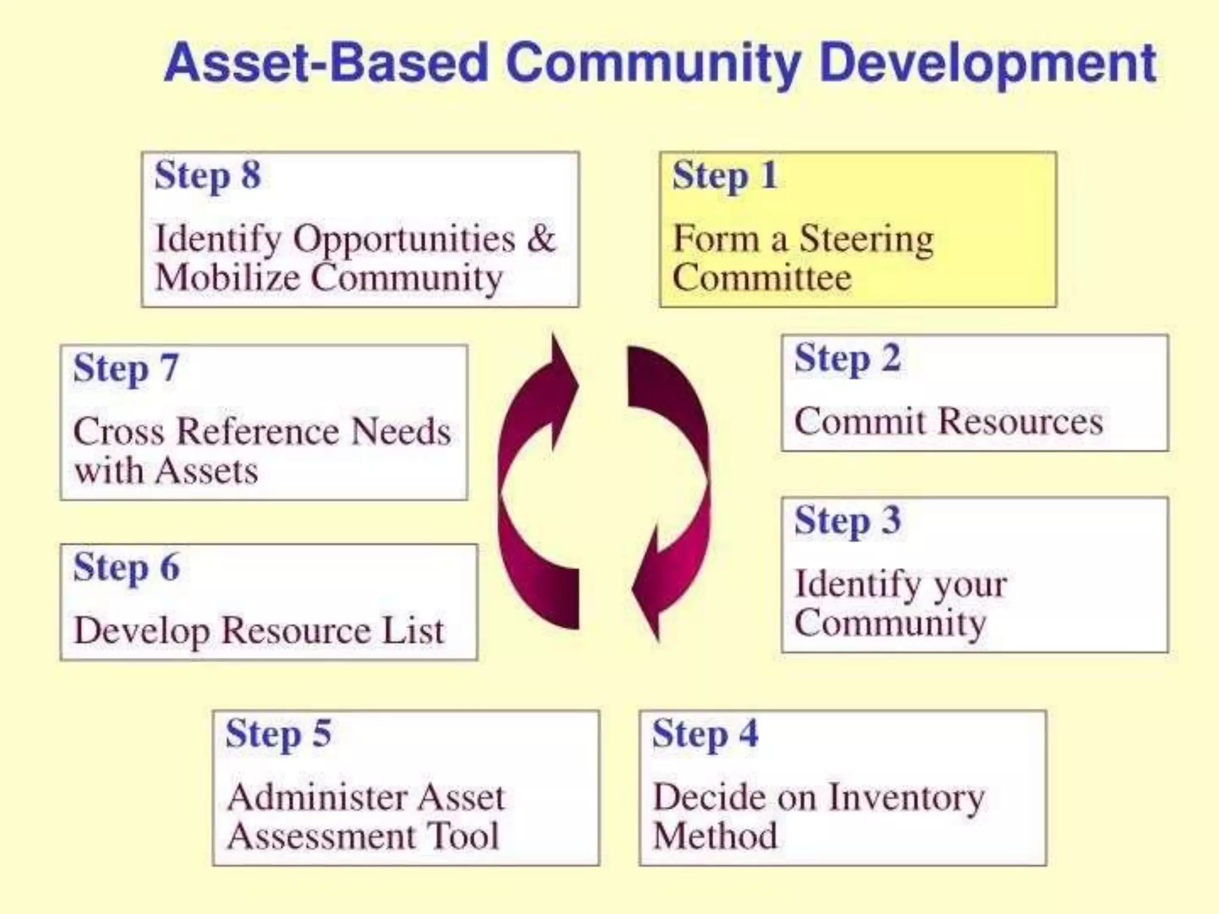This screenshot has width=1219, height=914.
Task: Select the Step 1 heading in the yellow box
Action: (x=725, y=176)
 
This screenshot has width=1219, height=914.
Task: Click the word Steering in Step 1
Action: (x=866, y=240)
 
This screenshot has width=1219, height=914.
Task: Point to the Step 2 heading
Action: (x=848, y=359)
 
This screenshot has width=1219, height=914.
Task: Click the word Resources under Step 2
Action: (x=1021, y=422)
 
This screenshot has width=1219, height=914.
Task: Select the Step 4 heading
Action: (x=705, y=734)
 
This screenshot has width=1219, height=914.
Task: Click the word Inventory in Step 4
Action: (x=907, y=798)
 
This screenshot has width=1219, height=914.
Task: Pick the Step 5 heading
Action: (x=279, y=734)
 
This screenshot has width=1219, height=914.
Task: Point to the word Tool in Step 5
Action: (x=464, y=836)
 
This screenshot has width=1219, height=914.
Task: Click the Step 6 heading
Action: (x=126, y=568)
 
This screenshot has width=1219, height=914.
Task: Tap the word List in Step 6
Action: (x=413, y=631)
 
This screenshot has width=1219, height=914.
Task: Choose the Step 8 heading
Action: (x=207, y=176)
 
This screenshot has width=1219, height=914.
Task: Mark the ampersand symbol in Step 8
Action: (x=540, y=239)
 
